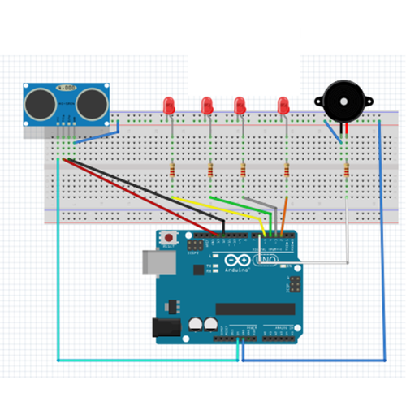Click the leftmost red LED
click(169, 105)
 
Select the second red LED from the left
click(207, 105)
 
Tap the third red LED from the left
click(240, 105)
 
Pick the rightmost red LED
click(283, 105)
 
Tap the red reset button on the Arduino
click(169, 237)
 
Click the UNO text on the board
click(266, 261)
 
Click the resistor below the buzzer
click(347, 171)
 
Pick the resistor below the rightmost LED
click(287, 171)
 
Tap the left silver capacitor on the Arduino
click(197, 324)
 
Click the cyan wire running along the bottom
click(146, 358)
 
